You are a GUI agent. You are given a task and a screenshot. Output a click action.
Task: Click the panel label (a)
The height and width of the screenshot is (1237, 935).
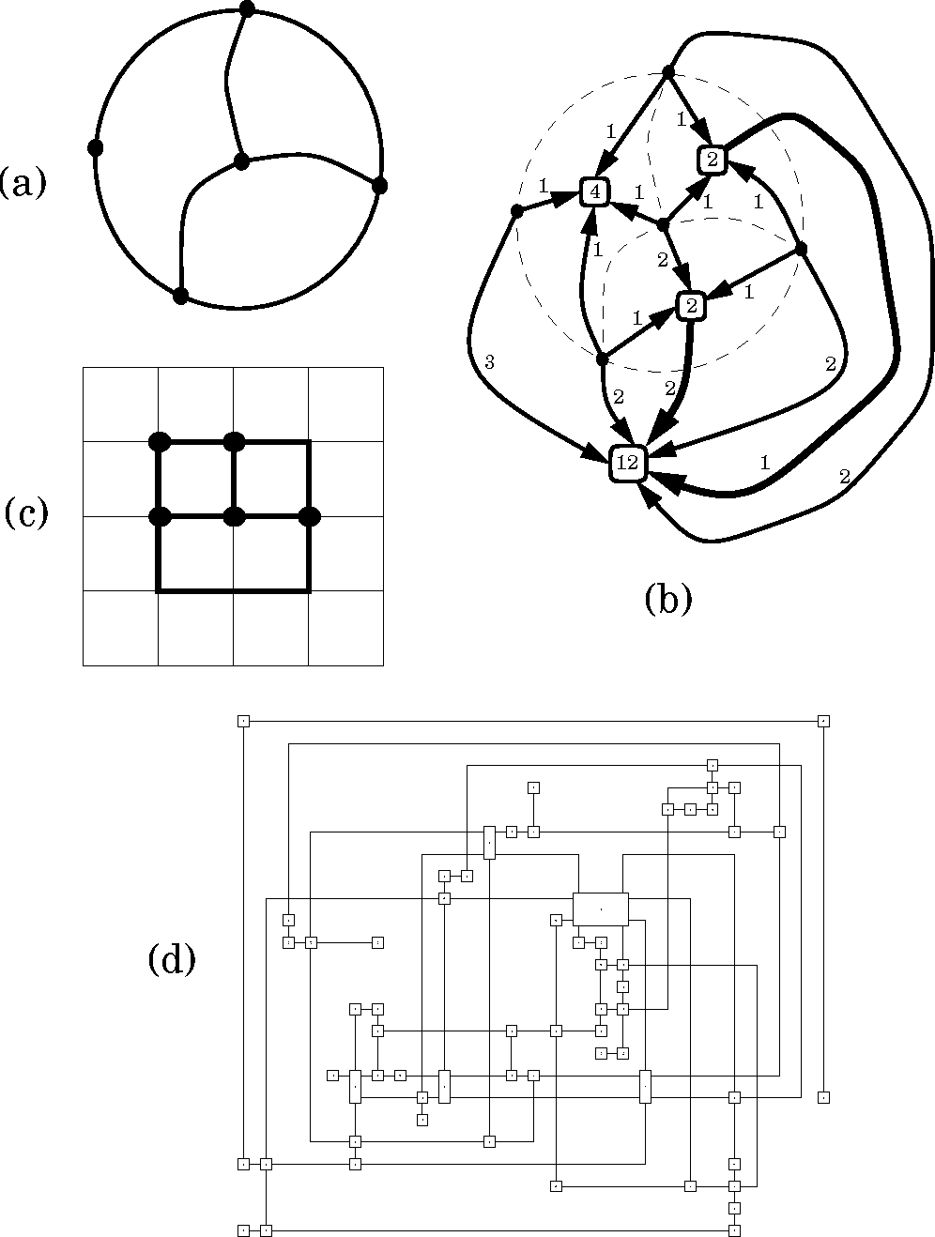(23, 182)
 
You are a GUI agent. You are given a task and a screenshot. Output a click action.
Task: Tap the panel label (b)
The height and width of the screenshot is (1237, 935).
(668, 599)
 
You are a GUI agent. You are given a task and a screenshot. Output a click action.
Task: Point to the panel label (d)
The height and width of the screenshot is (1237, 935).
(172, 959)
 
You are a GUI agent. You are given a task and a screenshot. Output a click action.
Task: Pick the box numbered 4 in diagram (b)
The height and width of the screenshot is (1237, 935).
(594, 191)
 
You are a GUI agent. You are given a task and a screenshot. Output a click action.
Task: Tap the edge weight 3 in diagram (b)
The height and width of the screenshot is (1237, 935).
(488, 361)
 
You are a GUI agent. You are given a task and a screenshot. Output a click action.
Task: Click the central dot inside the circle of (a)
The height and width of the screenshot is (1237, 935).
(241, 161)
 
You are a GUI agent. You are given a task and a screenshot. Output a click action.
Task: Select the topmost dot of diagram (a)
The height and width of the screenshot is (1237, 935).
(247, 8)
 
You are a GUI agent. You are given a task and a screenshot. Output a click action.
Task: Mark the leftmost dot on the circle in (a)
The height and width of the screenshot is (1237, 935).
(95, 147)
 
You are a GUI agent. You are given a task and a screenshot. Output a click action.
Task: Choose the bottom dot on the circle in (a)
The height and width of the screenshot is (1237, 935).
(181, 296)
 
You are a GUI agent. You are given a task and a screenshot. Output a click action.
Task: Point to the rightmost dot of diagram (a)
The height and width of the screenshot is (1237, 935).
(379, 186)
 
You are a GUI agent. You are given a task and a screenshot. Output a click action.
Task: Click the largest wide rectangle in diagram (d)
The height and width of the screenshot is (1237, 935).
(601, 909)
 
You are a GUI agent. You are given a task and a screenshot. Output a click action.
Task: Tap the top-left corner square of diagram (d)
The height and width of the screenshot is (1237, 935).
(243, 720)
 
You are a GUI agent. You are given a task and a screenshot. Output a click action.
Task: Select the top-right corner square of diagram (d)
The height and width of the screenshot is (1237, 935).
(823, 720)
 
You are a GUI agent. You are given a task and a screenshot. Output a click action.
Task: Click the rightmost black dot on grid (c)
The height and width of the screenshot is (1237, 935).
(309, 515)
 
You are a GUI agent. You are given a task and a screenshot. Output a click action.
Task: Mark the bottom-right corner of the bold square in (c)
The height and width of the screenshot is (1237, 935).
(309, 590)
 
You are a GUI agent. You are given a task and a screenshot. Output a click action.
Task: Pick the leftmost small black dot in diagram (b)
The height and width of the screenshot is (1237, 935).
(516, 211)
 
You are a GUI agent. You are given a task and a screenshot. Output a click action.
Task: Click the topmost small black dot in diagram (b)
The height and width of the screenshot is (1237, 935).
(668, 72)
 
